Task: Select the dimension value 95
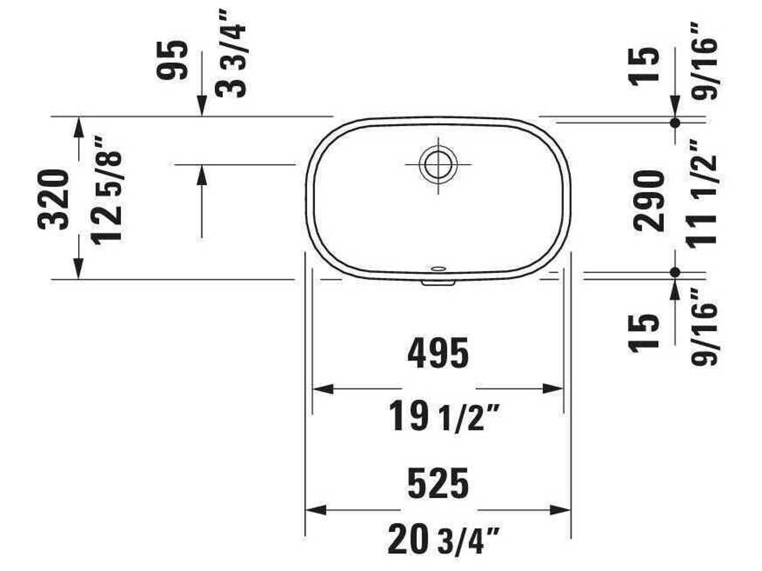(x=172, y=60)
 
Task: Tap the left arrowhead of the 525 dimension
(x=315, y=510)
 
